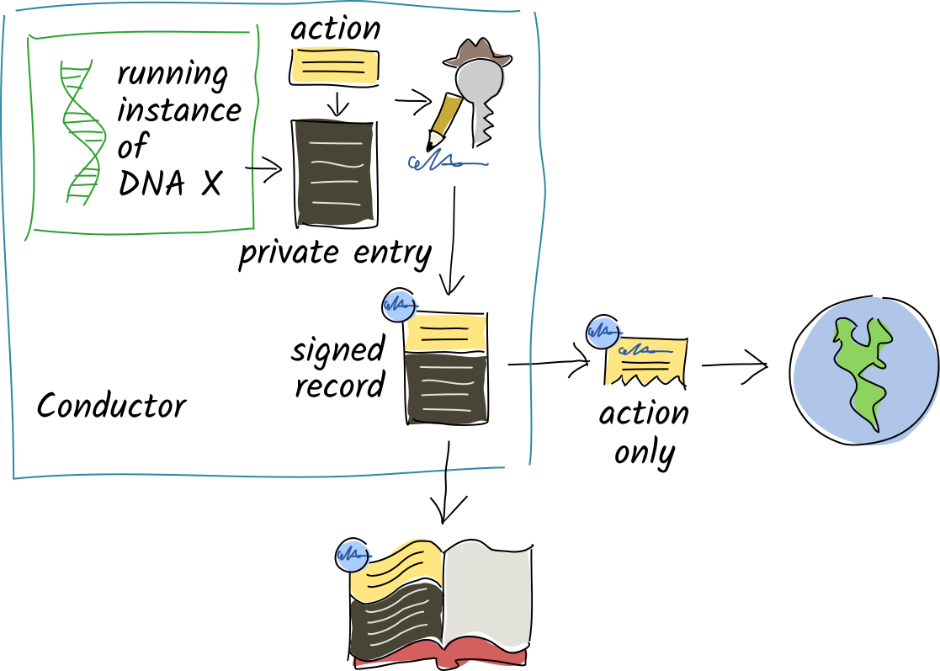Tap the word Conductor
111,407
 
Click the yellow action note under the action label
334,67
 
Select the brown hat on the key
477,53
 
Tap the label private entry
335,253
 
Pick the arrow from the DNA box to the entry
268,171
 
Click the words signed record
338,367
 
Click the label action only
645,433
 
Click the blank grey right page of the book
487,594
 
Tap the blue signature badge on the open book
351,555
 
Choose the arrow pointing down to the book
447,484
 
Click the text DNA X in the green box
170,183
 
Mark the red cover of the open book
438,653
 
